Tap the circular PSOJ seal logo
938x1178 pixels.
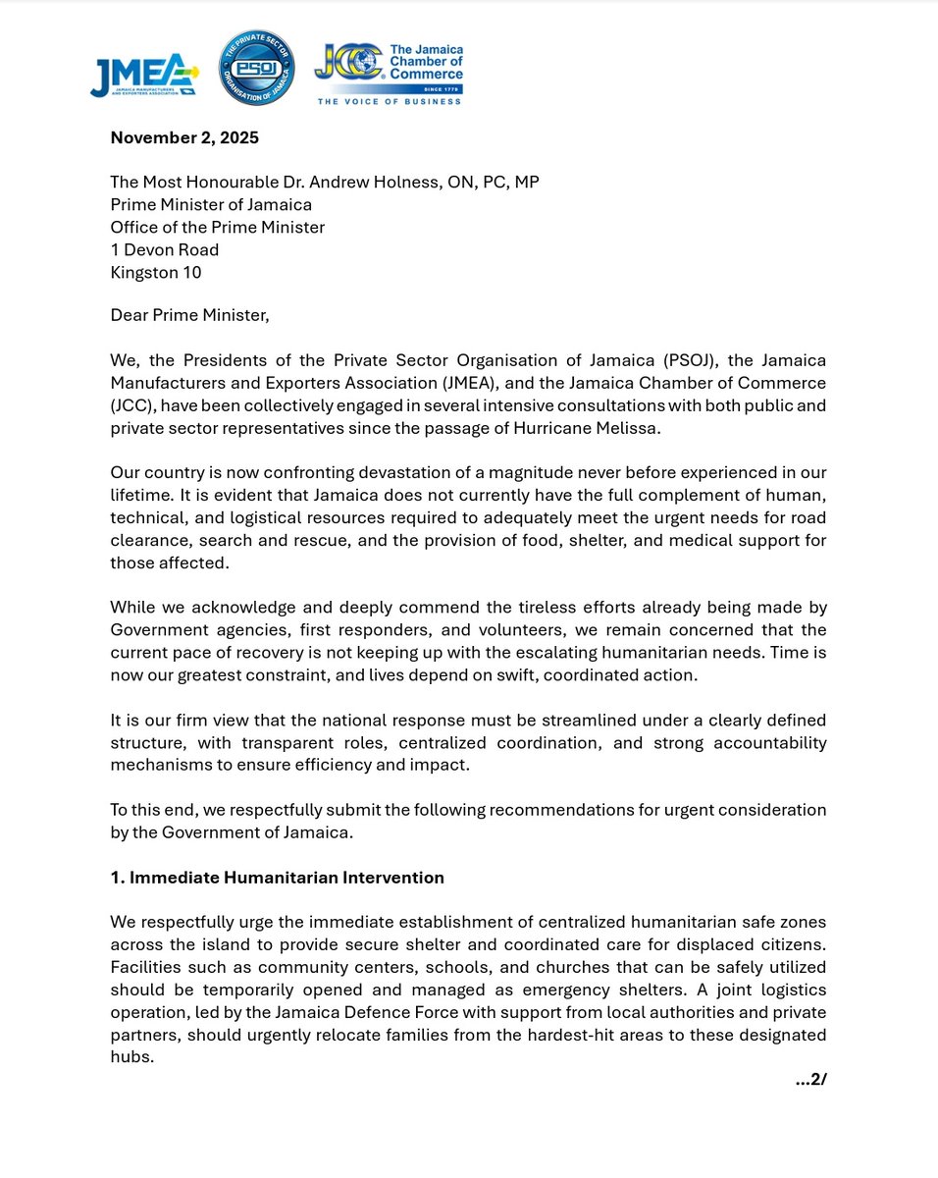coord(255,67)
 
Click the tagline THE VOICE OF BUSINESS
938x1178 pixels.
coord(390,101)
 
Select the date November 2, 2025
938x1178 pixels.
coord(184,137)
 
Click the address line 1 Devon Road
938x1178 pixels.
coord(165,250)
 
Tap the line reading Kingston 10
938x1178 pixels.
coord(156,273)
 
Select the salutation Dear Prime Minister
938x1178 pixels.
coord(189,315)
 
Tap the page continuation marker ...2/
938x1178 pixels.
coord(810,1080)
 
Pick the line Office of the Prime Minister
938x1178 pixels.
coord(218,228)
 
